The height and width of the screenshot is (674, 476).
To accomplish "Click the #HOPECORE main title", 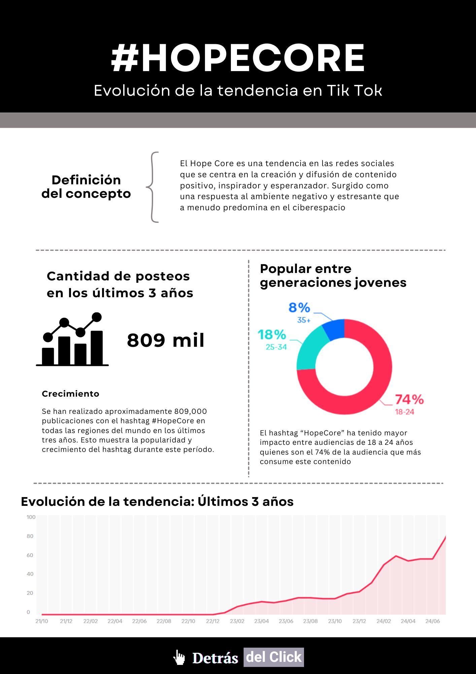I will [238, 58].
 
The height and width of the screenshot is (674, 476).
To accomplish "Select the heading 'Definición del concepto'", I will [86, 187].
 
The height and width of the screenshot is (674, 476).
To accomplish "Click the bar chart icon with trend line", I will [72, 340].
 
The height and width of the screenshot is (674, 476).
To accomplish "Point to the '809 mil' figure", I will [166, 340].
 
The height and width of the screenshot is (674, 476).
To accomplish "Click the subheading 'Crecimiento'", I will [70, 394].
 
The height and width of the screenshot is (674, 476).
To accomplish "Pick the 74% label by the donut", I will [409, 399].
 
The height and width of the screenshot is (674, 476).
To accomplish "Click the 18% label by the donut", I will [272, 335].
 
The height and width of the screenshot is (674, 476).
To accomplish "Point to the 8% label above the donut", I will [299, 308].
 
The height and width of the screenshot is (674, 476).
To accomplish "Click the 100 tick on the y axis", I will [31, 517].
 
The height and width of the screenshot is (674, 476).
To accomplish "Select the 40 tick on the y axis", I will [30, 574].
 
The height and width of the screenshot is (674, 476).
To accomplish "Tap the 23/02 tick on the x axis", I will [237, 621].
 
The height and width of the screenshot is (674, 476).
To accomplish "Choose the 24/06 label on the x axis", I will [433, 621].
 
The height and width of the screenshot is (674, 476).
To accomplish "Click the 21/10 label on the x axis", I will [42, 621].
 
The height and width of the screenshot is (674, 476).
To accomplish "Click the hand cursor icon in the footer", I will [179, 657].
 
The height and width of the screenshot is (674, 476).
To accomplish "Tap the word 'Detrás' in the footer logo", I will [215, 658].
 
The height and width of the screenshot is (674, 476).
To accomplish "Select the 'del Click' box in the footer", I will [274, 657].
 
